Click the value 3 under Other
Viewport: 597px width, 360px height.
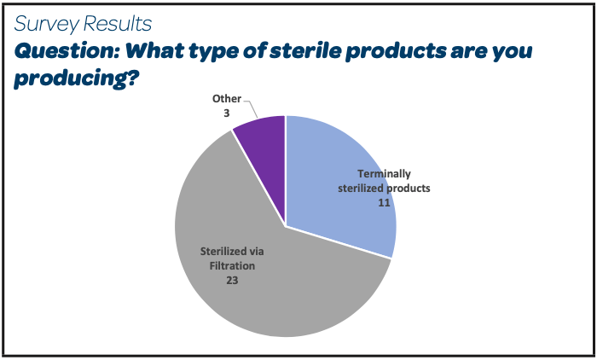click(x=227, y=113)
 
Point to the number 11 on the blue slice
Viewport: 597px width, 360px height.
click(x=384, y=203)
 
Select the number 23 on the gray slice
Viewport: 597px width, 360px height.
click(x=232, y=281)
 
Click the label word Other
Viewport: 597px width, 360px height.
click(x=227, y=99)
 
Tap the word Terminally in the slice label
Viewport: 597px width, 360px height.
click(x=384, y=174)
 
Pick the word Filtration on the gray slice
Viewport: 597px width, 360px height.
click(x=232, y=265)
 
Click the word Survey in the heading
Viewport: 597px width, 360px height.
click(x=46, y=24)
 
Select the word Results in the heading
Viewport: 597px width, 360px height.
click(x=118, y=24)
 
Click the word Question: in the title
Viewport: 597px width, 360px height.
click(x=67, y=51)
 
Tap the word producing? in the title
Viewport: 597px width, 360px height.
click(x=77, y=78)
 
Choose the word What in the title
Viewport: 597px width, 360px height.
click(x=155, y=51)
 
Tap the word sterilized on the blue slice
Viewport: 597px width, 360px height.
click(x=361, y=189)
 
